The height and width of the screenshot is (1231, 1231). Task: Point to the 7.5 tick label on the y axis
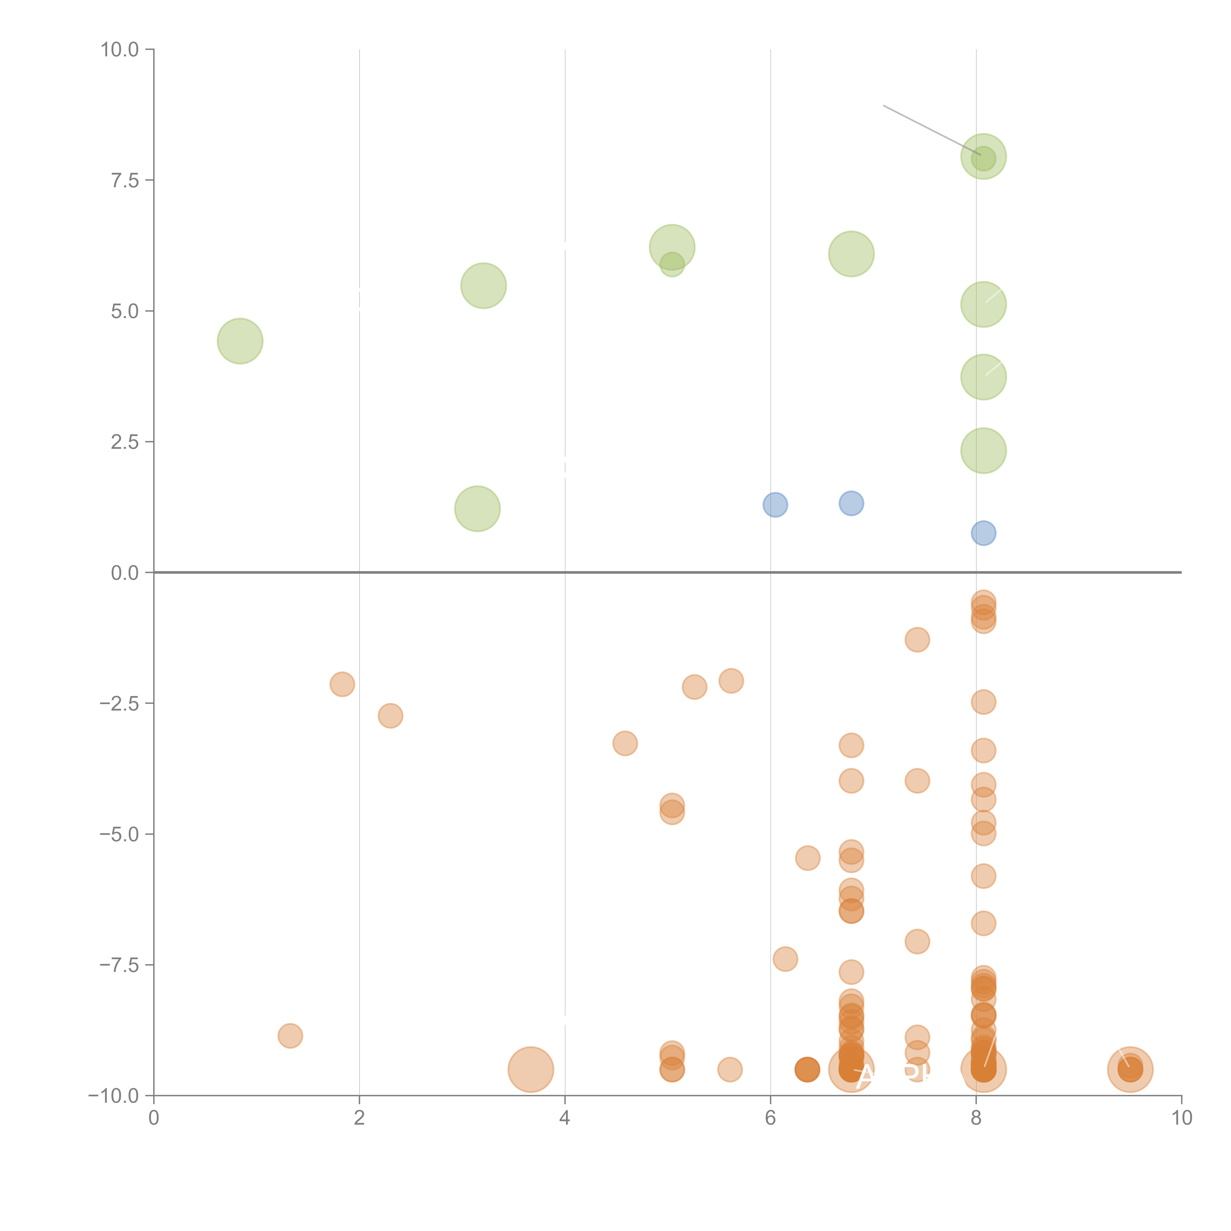click(x=125, y=180)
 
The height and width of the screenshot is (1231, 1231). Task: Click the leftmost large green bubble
click(x=240, y=341)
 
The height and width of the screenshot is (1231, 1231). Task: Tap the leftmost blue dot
click(x=775, y=505)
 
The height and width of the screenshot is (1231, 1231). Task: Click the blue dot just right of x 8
click(x=983, y=533)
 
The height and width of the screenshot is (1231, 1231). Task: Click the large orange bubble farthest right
click(x=1130, y=1069)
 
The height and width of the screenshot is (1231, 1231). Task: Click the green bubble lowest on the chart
click(x=477, y=508)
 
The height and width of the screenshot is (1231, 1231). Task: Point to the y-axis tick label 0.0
click(x=125, y=573)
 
